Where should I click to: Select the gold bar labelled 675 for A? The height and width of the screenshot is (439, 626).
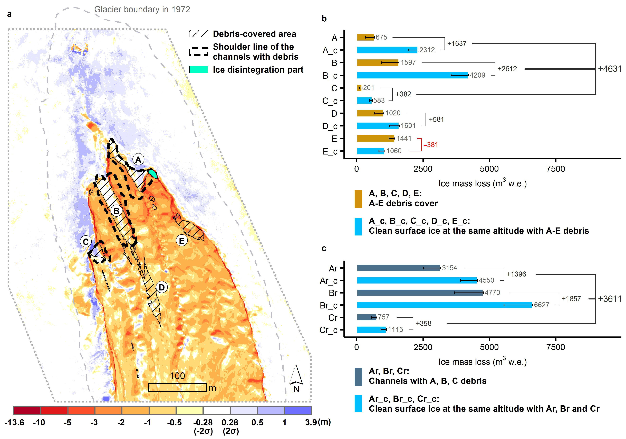click(x=365, y=37)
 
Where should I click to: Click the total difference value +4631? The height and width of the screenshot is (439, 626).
click(x=610, y=69)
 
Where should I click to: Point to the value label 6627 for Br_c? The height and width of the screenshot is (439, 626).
click(x=542, y=305)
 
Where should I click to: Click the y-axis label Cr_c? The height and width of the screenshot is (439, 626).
click(x=328, y=330)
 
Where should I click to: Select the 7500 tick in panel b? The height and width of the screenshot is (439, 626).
click(x=555, y=169)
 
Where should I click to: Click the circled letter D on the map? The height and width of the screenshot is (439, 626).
click(x=162, y=287)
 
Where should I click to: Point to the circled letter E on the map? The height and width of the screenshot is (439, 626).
click(x=182, y=241)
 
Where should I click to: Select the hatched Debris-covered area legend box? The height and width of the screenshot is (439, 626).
click(x=198, y=34)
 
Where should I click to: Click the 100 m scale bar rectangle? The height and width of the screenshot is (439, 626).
click(x=177, y=387)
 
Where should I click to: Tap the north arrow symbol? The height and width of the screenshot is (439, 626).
click(x=296, y=375)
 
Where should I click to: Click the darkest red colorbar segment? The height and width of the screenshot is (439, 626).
click(x=27, y=410)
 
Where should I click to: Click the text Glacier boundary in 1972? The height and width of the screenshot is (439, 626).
click(x=142, y=10)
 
